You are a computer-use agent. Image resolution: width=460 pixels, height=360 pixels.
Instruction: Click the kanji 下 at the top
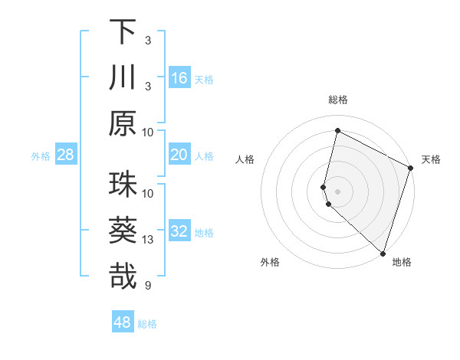[123, 32]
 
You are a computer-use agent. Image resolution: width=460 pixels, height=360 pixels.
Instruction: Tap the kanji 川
[123, 77]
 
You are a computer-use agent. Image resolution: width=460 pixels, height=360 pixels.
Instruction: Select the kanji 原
[123, 123]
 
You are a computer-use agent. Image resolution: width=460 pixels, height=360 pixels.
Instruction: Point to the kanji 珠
[123, 185]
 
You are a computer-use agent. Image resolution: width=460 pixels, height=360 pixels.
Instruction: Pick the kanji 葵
[123, 231]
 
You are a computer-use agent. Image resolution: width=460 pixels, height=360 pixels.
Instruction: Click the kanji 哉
[123, 277]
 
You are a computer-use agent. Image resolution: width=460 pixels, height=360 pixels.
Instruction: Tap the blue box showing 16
[179, 78]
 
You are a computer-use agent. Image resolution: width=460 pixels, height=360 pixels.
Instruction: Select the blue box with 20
[179, 155]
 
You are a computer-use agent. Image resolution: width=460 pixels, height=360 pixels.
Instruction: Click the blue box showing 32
[179, 232]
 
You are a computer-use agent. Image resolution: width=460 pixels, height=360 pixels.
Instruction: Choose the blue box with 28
[66, 155]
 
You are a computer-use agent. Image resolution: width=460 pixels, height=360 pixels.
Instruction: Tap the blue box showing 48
[123, 322]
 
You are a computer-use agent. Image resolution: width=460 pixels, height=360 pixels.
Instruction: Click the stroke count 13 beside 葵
[148, 241]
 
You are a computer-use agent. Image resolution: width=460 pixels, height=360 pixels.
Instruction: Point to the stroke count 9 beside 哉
[147, 286]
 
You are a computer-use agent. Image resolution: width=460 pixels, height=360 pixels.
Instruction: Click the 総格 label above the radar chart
[338, 100]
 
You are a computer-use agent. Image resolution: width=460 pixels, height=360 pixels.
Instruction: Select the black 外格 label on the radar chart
[270, 263]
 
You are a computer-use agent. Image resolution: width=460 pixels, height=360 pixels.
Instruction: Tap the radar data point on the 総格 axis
[337, 131]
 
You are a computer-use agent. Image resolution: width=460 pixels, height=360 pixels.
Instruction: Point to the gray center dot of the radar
[337, 191]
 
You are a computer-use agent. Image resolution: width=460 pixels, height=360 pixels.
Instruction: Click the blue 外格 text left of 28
[41, 156]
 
